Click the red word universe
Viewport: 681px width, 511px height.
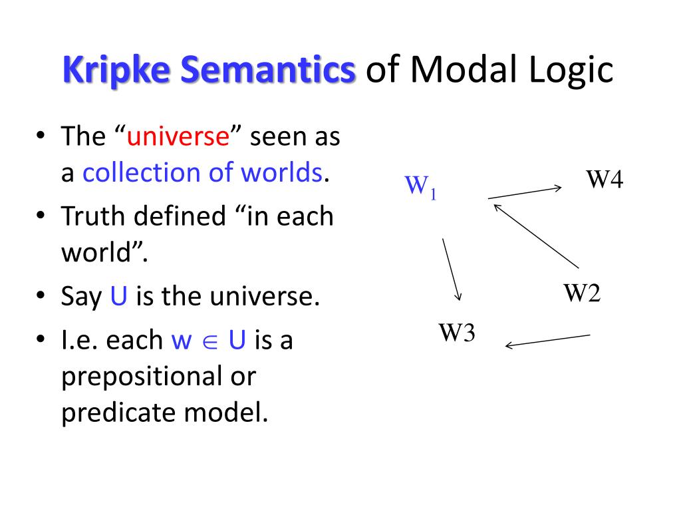point(178,137)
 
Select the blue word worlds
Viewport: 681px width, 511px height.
point(281,173)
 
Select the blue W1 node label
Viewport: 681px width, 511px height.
point(420,186)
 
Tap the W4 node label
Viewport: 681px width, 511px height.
point(604,179)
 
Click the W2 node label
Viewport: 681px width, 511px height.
point(583,293)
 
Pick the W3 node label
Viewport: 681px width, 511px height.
point(456,332)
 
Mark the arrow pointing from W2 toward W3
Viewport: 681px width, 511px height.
point(548,340)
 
